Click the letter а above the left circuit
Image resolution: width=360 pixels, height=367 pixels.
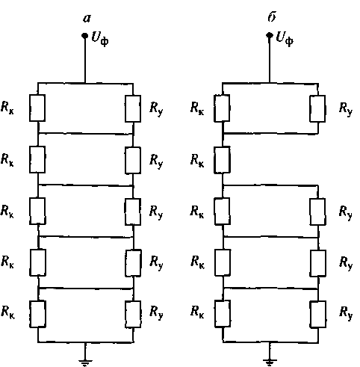click(x=87, y=19)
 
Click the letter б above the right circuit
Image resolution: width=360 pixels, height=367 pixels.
click(x=272, y=17)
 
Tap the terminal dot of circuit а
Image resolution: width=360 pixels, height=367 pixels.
click(x=85, y=36)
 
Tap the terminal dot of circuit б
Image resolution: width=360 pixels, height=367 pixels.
click(x=270, y=35)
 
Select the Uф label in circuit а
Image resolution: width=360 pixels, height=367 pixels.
click(x=100, y=39)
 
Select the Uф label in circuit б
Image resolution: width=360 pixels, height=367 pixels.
click(x=285, y=39)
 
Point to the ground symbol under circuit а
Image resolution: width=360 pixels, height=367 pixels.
click(x=85, y=363)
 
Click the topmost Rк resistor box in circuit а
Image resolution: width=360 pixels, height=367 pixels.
click(x=37, y=108)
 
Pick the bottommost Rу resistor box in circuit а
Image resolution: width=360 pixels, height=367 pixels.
click(x=133, y=314)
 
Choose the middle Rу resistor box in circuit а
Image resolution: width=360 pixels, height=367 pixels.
click(x=133, y=212)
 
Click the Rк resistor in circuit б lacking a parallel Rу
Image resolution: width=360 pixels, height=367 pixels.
click(x=222, y=160)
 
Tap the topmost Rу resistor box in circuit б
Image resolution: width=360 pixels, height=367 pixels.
click(x=317, y=108)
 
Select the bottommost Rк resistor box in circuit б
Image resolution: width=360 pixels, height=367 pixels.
click(x=223, y=314)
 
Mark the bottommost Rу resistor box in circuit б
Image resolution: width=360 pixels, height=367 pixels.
click(x=318, y=314)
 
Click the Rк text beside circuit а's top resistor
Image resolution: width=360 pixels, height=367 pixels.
click(x=7, y=108)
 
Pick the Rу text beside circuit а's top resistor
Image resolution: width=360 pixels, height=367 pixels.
click(x=156, y=109)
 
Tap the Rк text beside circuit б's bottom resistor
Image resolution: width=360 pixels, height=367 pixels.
click(x=197, y=312)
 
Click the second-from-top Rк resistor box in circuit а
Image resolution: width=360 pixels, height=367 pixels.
click(x=37, y=159)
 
